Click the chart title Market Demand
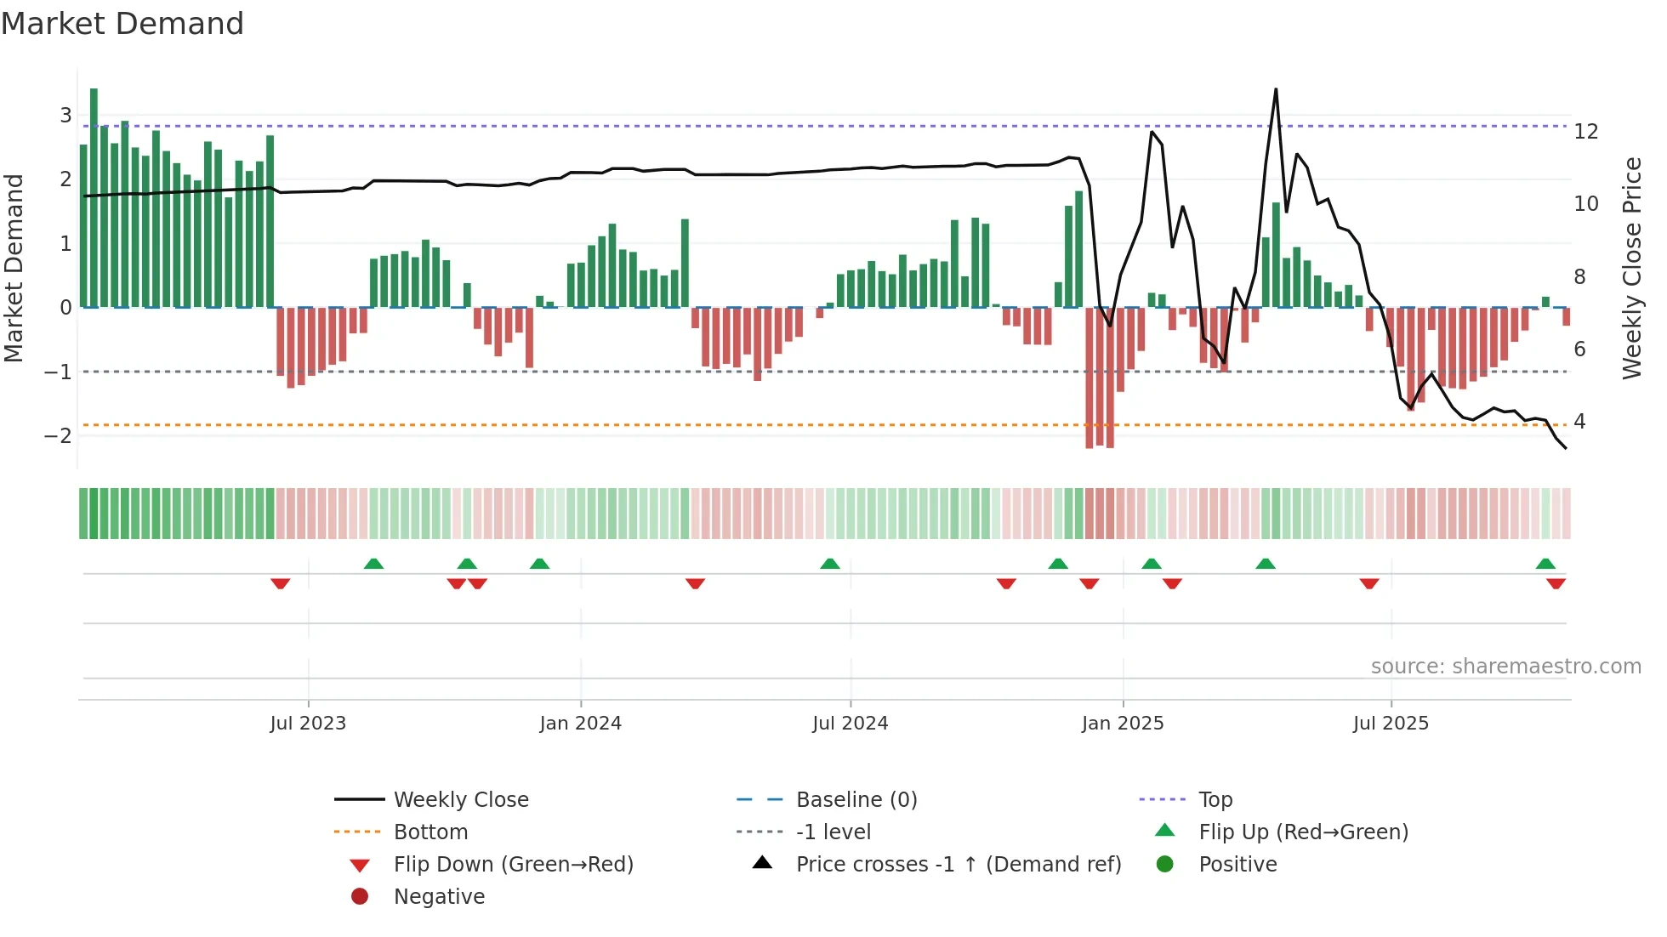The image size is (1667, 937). click(x=122, y=24)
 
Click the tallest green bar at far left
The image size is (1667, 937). click(x=94, y=196)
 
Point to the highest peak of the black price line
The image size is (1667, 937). click(x=1276, y=90)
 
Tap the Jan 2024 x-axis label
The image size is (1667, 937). click(x=580, y=724)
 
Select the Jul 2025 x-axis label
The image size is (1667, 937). click(x=1391, y=724)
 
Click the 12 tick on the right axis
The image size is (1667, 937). click(x=1586, y=132)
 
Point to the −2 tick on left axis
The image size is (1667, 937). click(x=58, y=436)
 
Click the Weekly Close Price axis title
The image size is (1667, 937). click(x=1631, y=268)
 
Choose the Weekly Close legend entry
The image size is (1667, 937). click(x=460, y=800)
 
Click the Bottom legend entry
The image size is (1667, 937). click(x=430, y=832)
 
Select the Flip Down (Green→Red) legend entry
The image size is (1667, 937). click(x=513, y=865)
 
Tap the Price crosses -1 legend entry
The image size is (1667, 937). click(x=958, y=865)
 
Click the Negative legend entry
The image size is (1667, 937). click(x=439, y=897)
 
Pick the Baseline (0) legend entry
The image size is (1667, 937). click(x=856, y=800)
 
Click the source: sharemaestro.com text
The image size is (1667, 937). click(x=1505, y=667)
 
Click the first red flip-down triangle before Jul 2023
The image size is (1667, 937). click(x=281, y=583)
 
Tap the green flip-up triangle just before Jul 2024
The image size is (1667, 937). click(x=830, y=564)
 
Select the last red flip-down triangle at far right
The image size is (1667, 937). click(x=1556, y=583)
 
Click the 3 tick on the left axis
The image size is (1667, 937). click(x=65, y=115)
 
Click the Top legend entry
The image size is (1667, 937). click(x=1215, y=800)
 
